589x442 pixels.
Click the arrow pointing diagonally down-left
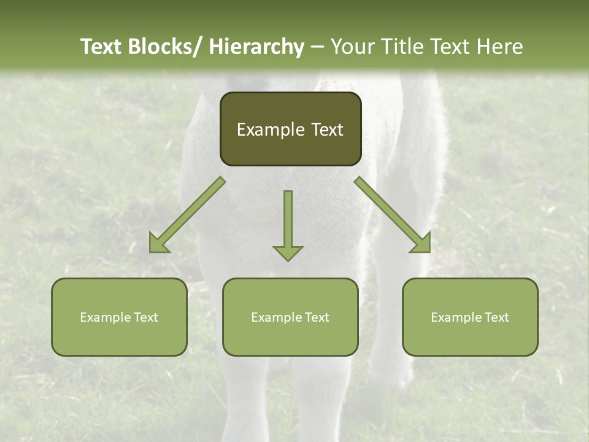pyautogui.click(x=187, y=215)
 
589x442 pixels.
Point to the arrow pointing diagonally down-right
pyautogui.click(x=393, y=215)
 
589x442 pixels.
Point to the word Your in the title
pyautogui.click(x=353, y=47)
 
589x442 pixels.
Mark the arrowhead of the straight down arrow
pyautogui.click(x=288, y=252)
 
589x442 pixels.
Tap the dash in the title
pyautogui.click(x=317, y=47)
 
